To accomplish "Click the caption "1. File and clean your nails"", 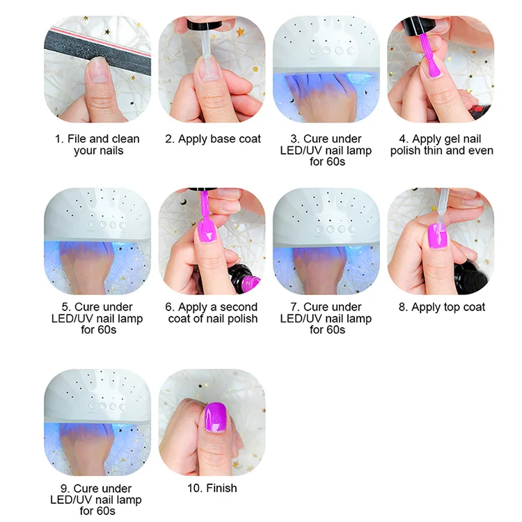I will pos(97,144).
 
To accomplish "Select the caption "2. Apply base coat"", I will pos(213,139).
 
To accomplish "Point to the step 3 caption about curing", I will pos(327,150).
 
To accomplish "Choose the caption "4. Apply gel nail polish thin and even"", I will pos(441,144).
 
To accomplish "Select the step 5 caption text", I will pos(98,318).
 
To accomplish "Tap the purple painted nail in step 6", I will pos(205,232).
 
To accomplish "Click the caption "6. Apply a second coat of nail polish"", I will pos(212,313).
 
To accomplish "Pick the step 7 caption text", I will pos(327,318).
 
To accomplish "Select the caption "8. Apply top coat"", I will pos(441,307).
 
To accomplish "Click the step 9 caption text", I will pos(98,500).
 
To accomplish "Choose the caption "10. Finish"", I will pos(212,488).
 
